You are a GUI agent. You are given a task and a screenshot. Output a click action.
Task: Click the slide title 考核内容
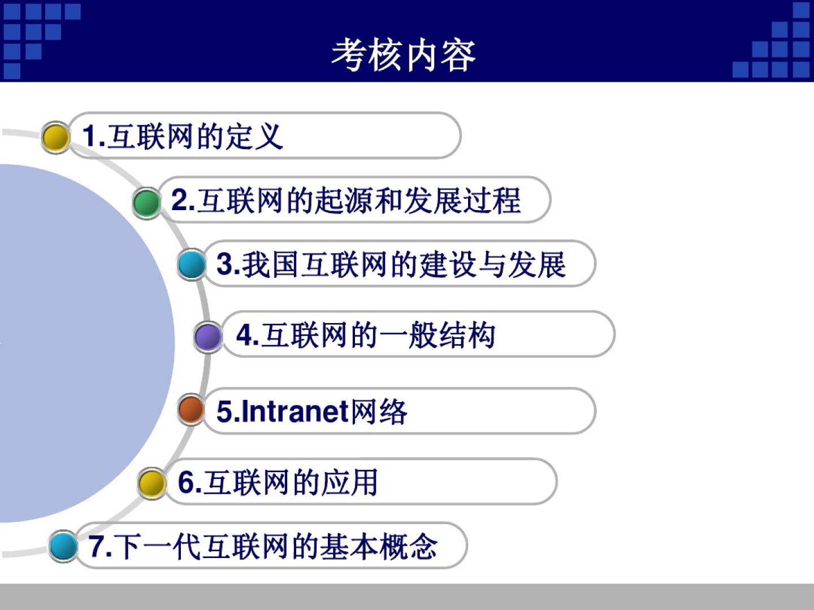(x=403, y=55)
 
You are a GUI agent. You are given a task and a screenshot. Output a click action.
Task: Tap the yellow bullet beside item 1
(x=55, y=137)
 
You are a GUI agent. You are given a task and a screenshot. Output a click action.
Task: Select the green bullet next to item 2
(x=146, y=203)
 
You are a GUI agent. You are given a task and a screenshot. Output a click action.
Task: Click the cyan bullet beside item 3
(x=192, y=264)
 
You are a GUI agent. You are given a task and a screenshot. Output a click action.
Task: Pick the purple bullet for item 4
(x=208, y=337)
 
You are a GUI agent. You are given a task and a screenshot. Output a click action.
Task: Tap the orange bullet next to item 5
(x=192, y=409)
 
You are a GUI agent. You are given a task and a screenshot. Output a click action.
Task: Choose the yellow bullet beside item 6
(x=151, y=483)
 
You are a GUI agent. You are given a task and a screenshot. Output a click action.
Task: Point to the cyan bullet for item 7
(x=63, y=546)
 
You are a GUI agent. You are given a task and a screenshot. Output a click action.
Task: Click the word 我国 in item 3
(x=270, y=264)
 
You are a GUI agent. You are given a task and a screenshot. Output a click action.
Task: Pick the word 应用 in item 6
(x=349, y=482)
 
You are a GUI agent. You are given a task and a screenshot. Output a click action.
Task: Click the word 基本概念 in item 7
(x=379, y=546)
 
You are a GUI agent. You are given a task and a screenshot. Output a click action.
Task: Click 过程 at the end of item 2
(x=492, y=201)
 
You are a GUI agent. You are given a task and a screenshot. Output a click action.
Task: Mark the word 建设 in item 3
(x=447, y=264)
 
